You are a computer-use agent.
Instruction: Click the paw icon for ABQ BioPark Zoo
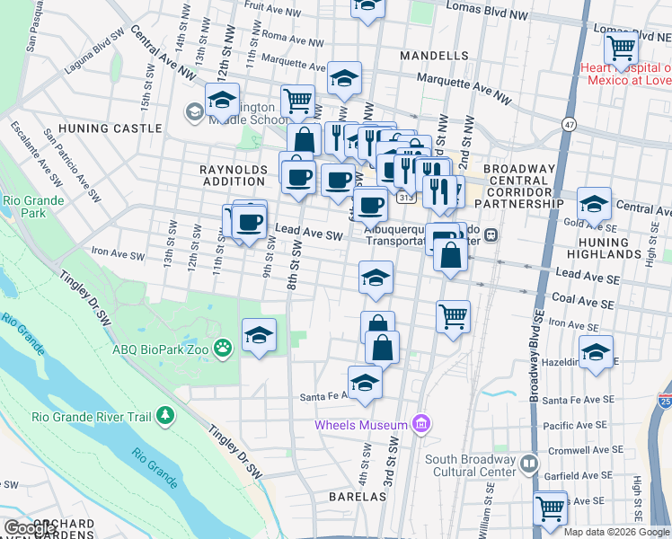[x=223, y=347]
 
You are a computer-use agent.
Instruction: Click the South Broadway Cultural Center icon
[x=529, y=464]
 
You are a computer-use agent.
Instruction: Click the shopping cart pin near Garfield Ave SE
[x=550, y=508]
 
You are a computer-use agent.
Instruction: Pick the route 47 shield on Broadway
[x=570, y=122]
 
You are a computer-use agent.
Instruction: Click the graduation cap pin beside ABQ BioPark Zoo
[x=260, y=336]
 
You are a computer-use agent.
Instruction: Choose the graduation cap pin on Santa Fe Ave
[x=365, y=382]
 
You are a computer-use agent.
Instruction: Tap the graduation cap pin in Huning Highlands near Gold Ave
[x=595, y=204]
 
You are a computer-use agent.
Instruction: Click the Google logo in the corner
[x=30, y=528]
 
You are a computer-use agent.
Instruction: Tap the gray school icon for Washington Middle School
[x=193, y=112]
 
